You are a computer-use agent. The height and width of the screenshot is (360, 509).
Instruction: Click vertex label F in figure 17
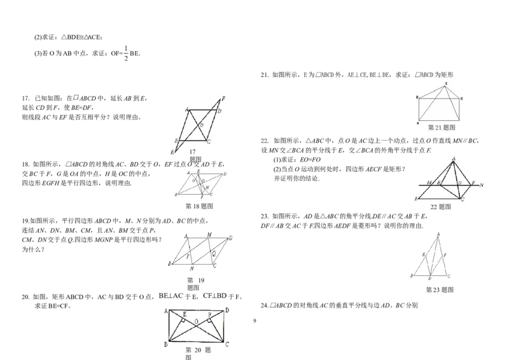[223, 99]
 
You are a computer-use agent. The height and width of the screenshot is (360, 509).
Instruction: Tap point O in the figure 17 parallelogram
[201, 125]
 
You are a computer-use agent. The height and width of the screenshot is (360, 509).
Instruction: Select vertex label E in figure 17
[172, 153]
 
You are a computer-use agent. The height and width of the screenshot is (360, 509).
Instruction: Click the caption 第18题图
[199, 207]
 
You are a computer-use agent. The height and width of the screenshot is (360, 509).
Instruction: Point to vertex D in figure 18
[225, 173]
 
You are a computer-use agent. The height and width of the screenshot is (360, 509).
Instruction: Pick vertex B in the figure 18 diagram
[176, 193]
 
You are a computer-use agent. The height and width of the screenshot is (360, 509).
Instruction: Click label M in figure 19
[209, 235]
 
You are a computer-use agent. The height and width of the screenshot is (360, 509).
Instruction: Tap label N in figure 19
[192, 268]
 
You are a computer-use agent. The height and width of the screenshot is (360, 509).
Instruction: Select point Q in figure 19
[214, 252]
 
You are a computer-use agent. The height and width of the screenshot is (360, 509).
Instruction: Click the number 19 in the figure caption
[200, 280]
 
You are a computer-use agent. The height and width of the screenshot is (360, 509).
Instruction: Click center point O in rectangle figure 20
[197, 321]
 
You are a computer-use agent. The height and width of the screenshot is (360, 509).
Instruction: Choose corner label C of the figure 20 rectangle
[227, 344]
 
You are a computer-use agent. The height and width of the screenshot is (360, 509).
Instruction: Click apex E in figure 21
[446, 84]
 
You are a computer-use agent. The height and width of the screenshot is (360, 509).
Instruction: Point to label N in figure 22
[482, 185]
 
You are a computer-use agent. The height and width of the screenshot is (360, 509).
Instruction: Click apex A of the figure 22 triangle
[453, 158]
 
